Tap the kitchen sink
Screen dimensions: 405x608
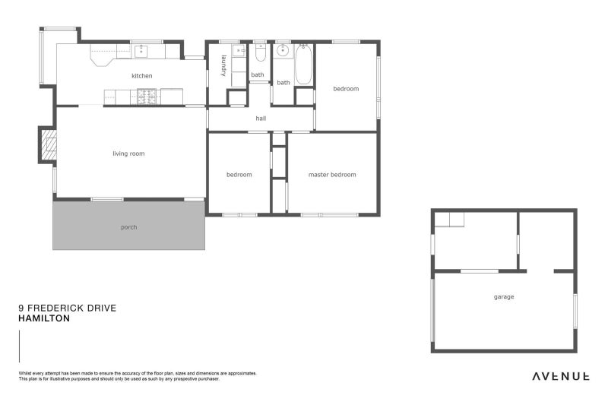tap(141, 52)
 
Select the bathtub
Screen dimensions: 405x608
tap(303, 65)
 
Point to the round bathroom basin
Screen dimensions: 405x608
tap(283, 52)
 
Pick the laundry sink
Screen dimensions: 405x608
tap(239, 52)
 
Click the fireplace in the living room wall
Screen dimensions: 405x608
tap(49, 145)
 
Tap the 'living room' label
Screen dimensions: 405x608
tap(128, 154)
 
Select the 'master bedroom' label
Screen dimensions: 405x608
tap(332, 175)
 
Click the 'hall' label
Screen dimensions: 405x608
tap(261, 119)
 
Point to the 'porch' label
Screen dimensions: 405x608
tap(129, 227)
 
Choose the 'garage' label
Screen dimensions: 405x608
tap(504, 297)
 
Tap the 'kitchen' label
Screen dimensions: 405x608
tap(141, 76)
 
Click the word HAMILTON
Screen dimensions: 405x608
tap(44, 319)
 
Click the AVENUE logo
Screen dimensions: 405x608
tap(560, 375)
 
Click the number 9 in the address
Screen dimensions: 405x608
tap(21, 309)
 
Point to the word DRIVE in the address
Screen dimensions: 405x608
tap(103, 309)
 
